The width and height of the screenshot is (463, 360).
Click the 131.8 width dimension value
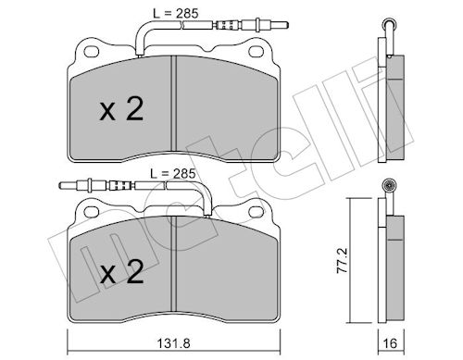[174, 343]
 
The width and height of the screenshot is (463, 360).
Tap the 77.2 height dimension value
[342, 260]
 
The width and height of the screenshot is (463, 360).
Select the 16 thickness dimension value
[391, 343]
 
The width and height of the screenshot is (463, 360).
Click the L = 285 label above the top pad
[176, 14]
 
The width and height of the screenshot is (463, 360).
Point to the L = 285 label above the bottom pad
[172, 174]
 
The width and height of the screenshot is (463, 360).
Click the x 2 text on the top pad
[121, 109]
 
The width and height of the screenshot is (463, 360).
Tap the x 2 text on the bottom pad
[121, 271]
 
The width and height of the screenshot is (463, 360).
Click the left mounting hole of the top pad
[92, 52]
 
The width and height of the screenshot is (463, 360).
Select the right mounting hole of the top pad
[257, 52]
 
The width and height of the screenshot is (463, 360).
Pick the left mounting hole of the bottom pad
[92, 212]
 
